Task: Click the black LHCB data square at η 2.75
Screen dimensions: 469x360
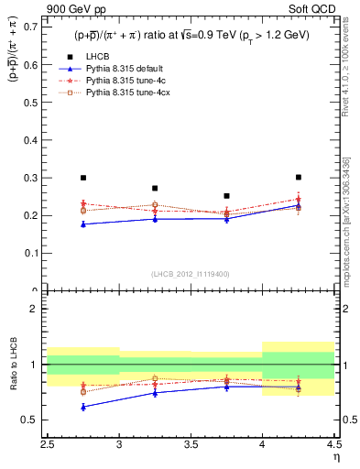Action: [83, 178]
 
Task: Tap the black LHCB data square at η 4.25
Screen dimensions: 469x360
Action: [299, 177]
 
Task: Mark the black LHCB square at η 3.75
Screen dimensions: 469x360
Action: [226, 195]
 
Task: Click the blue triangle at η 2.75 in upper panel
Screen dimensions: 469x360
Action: [83, 224]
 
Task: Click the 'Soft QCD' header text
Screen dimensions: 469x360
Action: [317, 8]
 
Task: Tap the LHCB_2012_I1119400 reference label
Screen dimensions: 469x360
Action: [191, 274]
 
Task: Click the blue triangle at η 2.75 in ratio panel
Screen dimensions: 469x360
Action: [83, 407]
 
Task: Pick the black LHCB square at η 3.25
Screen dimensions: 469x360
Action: [155, 188]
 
